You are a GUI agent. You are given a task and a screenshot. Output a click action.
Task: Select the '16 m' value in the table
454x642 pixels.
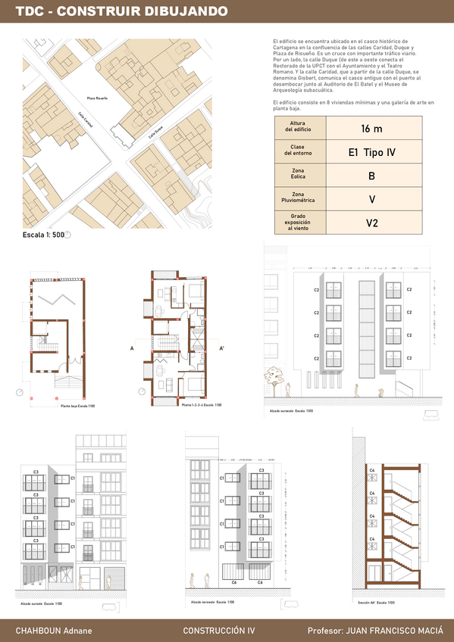tap(371, 129)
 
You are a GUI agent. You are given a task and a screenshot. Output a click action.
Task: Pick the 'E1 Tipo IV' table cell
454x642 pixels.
tap(371, 152)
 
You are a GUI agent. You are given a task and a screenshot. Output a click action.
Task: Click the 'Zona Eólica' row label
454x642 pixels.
tap(298, 176)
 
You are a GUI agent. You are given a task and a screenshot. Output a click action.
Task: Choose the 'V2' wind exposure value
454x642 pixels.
tap(371, 223)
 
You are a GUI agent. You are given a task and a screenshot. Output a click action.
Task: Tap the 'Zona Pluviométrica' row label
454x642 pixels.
tap(298, 199)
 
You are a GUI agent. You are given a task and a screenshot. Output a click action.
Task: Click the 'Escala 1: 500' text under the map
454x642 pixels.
tap(44, 235)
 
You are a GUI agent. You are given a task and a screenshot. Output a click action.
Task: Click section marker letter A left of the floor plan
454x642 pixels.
tap(132, 348)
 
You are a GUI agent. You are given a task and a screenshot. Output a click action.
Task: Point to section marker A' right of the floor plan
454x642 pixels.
tap(222, 348)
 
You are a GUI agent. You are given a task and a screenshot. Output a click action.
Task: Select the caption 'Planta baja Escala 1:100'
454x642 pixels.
tap(77, 407)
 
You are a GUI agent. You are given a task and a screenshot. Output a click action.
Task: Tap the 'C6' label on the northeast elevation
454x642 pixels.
tap(234, 582)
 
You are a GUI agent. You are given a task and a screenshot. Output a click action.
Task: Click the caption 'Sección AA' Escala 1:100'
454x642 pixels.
tap(377, 603)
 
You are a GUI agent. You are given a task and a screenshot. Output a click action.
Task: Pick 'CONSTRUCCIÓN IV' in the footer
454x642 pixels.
tap(219, 631)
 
